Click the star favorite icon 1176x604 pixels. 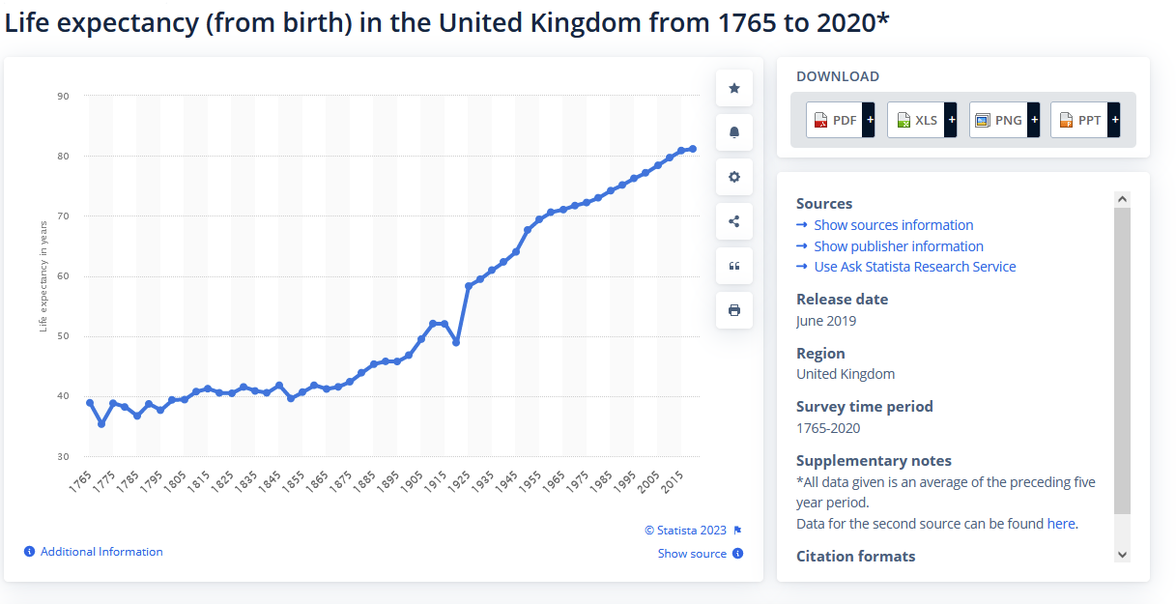734,89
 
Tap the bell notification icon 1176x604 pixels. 734,132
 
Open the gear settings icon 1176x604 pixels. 734,177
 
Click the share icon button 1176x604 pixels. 734,221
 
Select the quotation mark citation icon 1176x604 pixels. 734,266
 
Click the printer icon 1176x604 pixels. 734,310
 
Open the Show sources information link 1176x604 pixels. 893,225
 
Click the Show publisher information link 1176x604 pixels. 898,246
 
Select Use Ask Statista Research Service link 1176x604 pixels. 914,267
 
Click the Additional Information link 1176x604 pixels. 100,552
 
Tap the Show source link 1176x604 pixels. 692,554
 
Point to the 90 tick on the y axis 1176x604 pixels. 63,96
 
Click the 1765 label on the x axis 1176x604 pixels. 81,483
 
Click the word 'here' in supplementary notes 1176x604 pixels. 1060,524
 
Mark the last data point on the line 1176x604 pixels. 693,149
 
